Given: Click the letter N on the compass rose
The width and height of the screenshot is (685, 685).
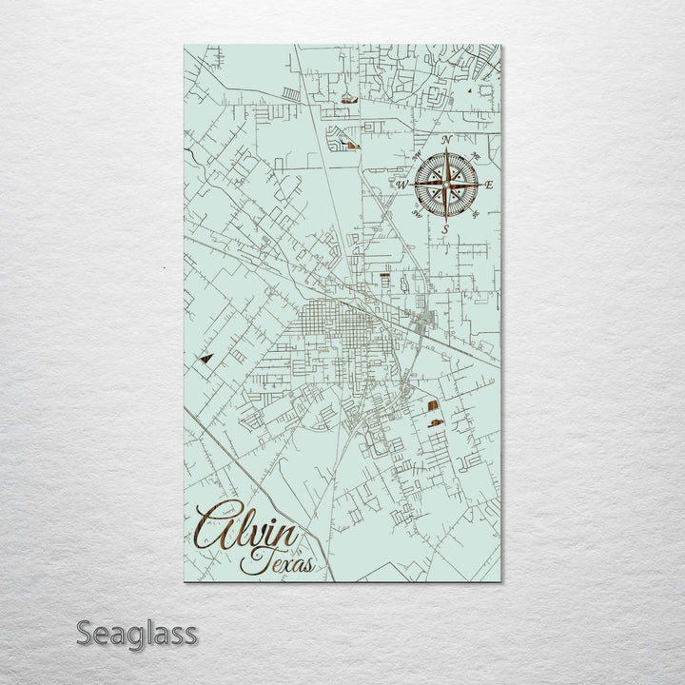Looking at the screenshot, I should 447,140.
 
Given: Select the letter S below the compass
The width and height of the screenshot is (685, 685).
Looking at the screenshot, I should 445,229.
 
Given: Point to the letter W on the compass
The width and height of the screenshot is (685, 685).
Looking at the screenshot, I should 401,185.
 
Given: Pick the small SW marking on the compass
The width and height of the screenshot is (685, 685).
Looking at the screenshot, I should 416,214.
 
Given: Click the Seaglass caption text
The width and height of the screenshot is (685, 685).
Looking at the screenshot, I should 136,633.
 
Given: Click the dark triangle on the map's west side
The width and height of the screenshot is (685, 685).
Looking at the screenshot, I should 205,360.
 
